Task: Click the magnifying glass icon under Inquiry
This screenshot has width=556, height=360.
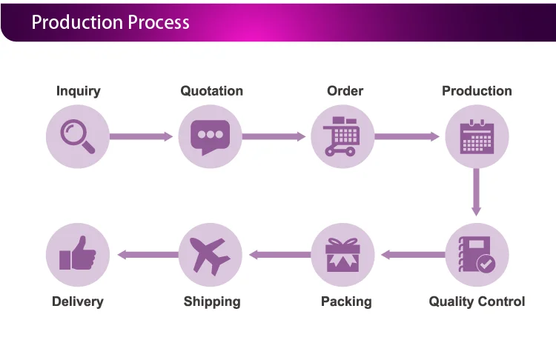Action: click(76, 135)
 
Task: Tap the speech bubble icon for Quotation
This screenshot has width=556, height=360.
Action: click(211, 136)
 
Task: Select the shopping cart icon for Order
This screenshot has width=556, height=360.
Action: click(342, 136)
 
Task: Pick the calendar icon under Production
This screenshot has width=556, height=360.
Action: click(477, 137)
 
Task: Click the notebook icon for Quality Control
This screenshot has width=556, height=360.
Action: click(475, 254)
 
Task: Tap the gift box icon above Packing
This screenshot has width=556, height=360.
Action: click(342, 255)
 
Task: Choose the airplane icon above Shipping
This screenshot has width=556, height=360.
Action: click(210, 256)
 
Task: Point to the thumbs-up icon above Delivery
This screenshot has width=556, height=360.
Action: click(78, 253)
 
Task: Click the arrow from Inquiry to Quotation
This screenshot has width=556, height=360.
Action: click(141, 136)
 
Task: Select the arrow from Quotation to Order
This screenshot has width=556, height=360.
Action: click(274, 136)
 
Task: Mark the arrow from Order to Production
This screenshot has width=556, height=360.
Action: click(407, 136)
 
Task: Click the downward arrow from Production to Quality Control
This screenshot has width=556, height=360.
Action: click(476, 192)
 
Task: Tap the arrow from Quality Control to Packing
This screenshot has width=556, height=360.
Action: click(413, 254)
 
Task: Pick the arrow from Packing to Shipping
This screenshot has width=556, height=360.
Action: click(280, 254)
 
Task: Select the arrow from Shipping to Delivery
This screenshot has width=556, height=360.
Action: click(148, 254)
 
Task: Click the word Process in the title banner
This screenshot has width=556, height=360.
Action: click(159, 22)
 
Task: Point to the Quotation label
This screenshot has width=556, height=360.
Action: click(212, 91)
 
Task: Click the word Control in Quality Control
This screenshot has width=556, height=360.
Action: click(501, 301)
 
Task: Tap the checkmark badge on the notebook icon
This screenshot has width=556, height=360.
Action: click(486, 264)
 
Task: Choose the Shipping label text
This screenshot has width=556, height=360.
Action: click(212, 302)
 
